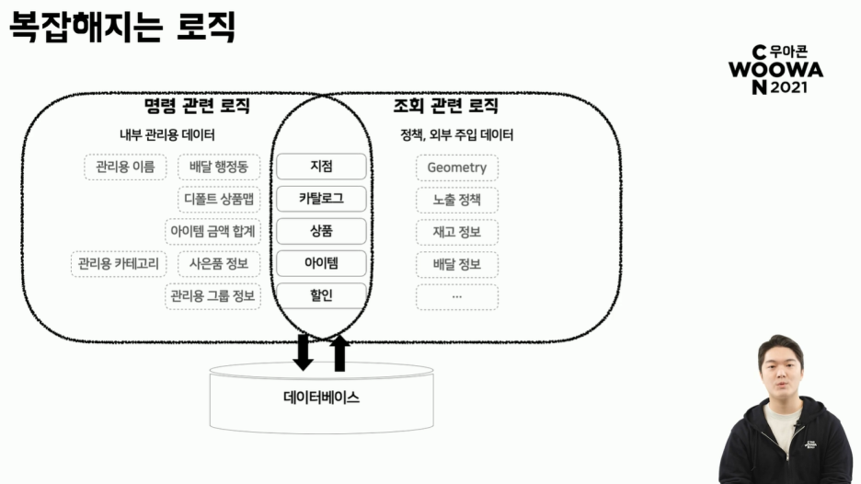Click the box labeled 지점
321,167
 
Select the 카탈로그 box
321,199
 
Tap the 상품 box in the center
321,231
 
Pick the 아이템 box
321,264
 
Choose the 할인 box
321,296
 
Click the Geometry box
456,167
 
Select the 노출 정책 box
456,200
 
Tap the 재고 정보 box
456,232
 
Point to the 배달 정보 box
456,265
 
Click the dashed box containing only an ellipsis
456,297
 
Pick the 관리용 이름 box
125,167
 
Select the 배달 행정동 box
219,167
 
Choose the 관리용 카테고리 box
119,265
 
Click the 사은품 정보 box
219,265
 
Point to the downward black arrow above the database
303,352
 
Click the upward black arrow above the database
339,352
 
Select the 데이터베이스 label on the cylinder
321,398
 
